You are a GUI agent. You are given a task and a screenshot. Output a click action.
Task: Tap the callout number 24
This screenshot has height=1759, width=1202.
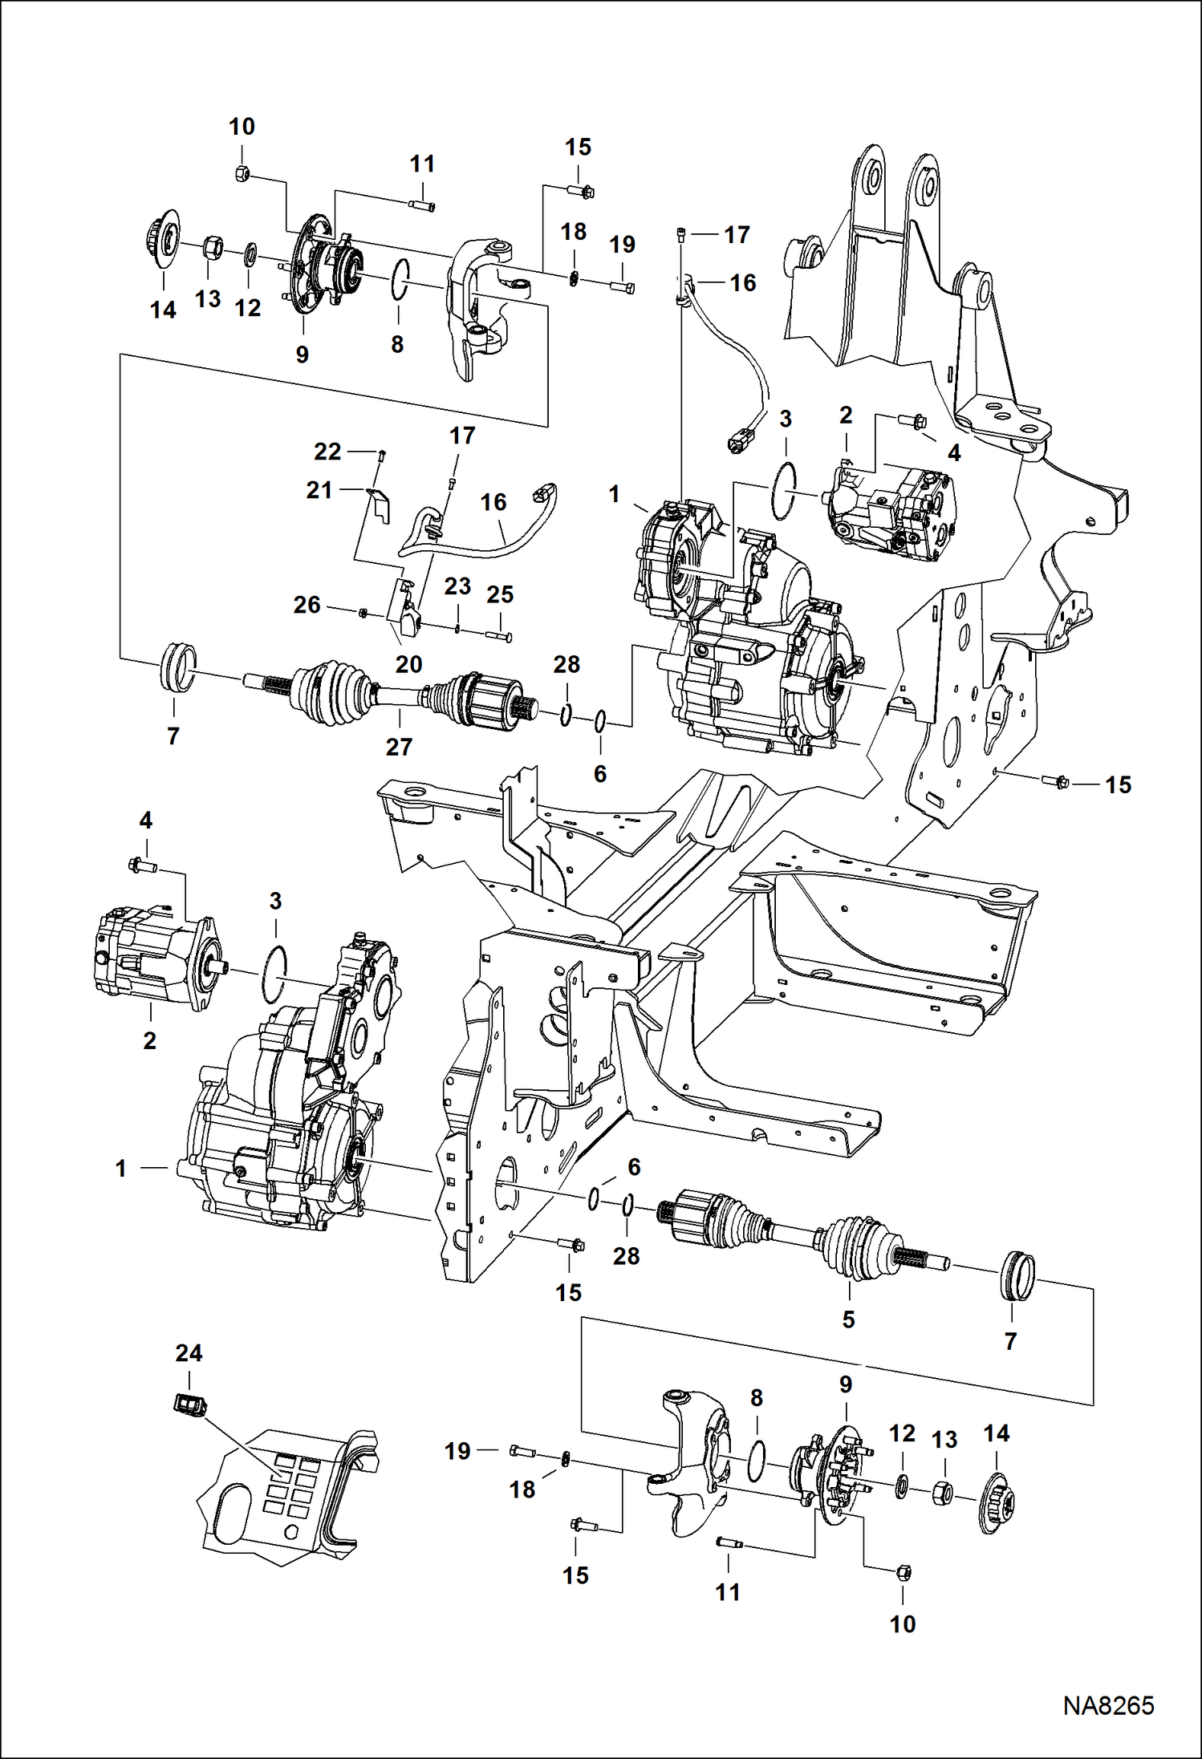pyautogui.click(x=189, y=1353)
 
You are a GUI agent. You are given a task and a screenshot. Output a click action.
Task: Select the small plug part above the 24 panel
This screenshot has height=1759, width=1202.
pyautogui.click(x=190, y=1404)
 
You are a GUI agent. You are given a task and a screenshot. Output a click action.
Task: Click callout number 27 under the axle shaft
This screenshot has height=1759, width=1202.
pyautogui.click(x=399, y=747)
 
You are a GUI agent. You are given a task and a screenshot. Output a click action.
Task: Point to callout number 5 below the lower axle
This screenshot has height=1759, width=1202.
pyautogui.click(x=848, y=1319)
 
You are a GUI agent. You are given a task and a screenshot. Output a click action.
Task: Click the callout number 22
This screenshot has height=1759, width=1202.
pyautogui.click(x=327, y=452)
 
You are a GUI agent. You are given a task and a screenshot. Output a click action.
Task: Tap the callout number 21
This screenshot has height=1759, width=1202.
pyautogui.click(x=319, y=490)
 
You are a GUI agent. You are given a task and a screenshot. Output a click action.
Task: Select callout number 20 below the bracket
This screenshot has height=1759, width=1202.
pyautogui.click(x=408, y=664)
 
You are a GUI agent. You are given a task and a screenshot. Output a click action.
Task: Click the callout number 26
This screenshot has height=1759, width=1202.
pyautogui.click(x=307, y=605)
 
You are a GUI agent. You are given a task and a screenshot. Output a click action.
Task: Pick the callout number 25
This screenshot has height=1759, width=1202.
pyautogui.click(x=500, y=594)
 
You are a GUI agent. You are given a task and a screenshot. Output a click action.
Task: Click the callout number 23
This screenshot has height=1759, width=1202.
pyautogui.click(x=457, y=586)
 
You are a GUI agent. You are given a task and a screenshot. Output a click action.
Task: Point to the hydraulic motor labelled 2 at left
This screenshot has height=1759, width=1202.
pyautogui.click(x=152, y=961)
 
